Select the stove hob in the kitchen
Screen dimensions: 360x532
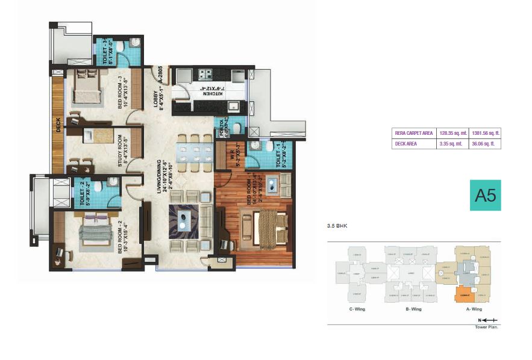[206, 75]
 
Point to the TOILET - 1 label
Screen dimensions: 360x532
[279, 155]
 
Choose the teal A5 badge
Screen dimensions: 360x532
[485, 195]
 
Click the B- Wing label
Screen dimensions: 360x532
[413, 309]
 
